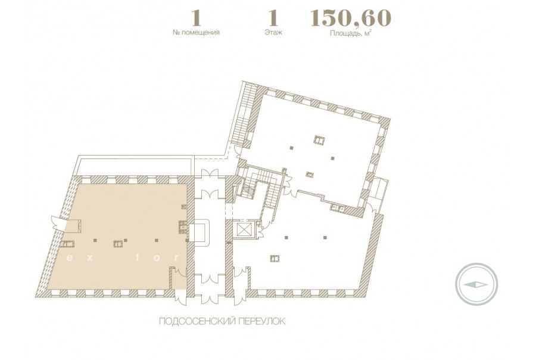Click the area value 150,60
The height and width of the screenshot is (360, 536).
(350, 18)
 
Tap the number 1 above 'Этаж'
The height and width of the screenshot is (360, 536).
(273, 18)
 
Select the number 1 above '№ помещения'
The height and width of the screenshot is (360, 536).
(196, 18)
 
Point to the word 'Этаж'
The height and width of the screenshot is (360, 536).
(273, 33)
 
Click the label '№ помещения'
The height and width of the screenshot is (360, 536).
(196, 33)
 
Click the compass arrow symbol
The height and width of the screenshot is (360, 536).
(476, 284)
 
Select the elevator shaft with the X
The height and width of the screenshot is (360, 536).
(244, 230)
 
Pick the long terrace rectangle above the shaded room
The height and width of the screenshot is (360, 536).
(133, 166)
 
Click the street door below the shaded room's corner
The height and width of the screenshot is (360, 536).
(180, 297)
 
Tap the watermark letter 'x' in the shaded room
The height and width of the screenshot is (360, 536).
(89, 258)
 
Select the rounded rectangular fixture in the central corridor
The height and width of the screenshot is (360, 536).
(198, 232)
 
